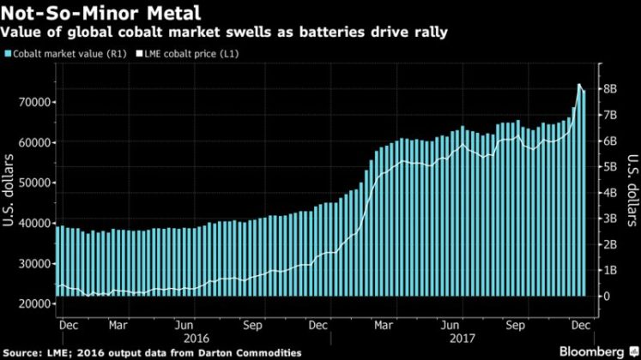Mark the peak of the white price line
click(578, 85)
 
